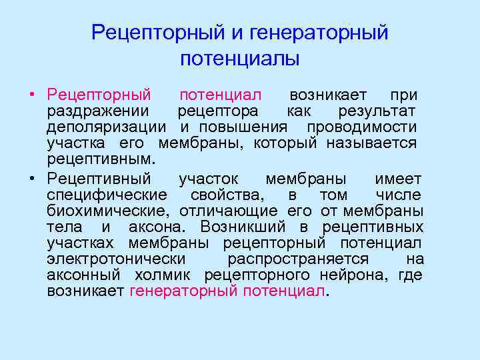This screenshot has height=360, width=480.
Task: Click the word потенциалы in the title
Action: [240, 59]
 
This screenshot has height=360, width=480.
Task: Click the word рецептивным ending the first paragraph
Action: [100, 159]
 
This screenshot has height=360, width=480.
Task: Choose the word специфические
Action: [107, 195]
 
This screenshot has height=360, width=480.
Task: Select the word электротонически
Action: [116, 259]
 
